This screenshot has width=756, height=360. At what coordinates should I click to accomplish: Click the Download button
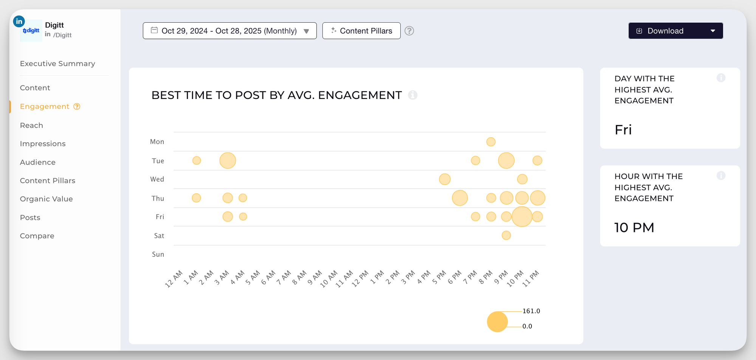[x=665, y=31]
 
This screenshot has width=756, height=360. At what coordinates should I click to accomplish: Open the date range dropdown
[x=229, y=31]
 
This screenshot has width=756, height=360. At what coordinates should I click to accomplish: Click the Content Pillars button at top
[x=361, y=31]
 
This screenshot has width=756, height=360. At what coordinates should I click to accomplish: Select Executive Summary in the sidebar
[x=57, y=63]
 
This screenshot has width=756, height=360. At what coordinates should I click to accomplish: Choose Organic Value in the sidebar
[x=46, y=199]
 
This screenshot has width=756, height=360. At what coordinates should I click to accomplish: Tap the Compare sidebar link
[x=37, y=236]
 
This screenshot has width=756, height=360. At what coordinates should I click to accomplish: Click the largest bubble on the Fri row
[x=522, y=216]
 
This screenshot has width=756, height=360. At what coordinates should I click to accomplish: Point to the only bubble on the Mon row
[x=491, y=142]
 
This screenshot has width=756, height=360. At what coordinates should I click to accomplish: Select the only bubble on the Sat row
[x=506, y=235]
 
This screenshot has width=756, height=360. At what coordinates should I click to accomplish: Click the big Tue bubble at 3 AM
[x=228, y=161]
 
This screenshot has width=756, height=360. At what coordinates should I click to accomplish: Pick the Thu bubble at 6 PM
[x=460, y=198]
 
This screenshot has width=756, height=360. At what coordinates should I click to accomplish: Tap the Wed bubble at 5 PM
[x=445, y=179]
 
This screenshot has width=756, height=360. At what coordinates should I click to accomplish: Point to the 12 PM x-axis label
[x=360, y=279]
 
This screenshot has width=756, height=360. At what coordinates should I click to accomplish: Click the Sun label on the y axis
[x=158, y=255]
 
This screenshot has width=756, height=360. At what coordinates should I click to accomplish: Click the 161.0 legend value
[x=531, y=311]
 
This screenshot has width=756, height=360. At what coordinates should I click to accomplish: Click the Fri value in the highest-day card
[x=623, y=130]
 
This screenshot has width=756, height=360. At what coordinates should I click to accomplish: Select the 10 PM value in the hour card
[x=634, y=228]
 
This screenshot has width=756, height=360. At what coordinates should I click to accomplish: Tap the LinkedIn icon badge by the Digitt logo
[x=19, y=22]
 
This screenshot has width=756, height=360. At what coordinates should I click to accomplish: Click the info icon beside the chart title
[x=413, y=95]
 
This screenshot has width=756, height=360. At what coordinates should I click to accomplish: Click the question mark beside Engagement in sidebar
[x=77, y=107]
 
